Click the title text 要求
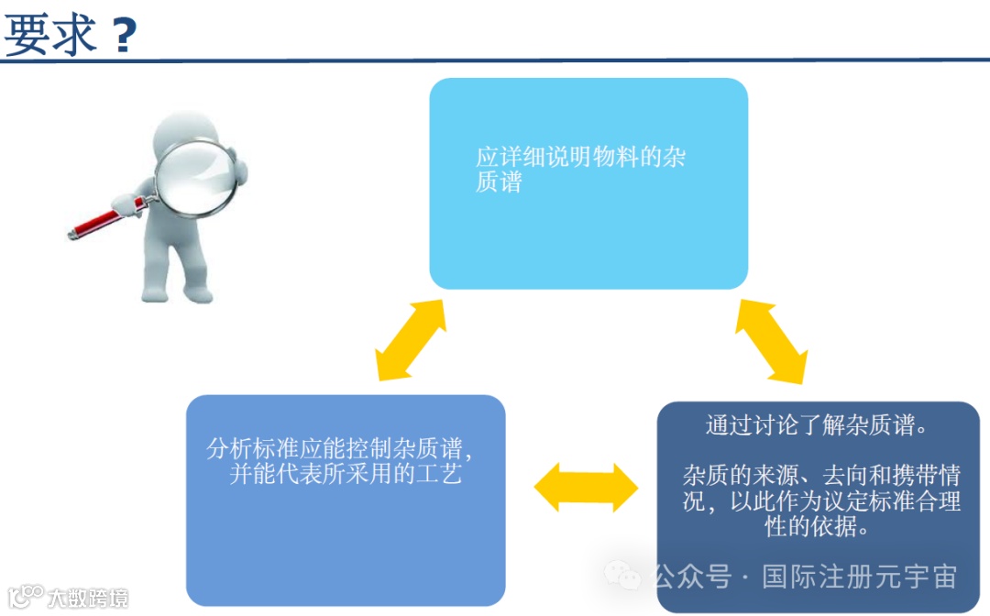click(x=50, y=35)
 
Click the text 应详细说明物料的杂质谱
click(x=579, y=169)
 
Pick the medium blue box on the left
click(x=346, y=541)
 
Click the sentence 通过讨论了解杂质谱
click(x=819, y=426)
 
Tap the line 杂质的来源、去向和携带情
click(x=821, y=476)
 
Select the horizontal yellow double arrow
click(x=585, y=487)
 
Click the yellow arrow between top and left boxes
click(x=411, y=340)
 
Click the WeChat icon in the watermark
click(x=626, y=577)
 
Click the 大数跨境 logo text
click(x=88, y=599)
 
